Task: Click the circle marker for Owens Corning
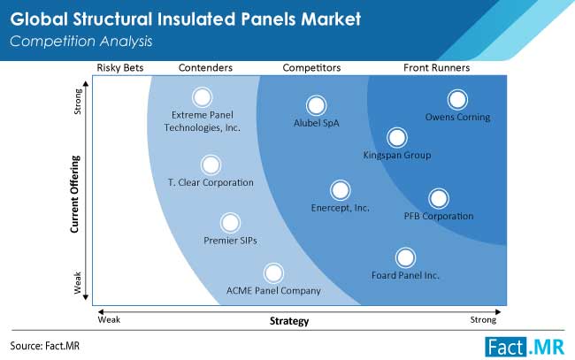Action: point(457,99)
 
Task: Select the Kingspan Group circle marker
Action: point(397,137)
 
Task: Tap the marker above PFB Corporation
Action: point(439,198)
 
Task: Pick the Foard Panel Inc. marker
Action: point(405,257)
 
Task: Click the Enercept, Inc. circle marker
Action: point(340,190)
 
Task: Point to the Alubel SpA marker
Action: point(316,105)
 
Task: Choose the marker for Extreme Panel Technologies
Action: point(202,97)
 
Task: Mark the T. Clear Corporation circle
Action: point(211,165)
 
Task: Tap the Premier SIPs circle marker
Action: point(230,223)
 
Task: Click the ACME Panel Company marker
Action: point(273,273)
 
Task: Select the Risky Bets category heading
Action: point(120,68)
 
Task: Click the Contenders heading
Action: point(205,68)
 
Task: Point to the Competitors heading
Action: point(311,68)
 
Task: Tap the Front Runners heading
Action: point(436,68)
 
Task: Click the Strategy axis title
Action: point(289,321)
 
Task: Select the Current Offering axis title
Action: point(75,194)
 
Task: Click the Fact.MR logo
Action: point(525,347)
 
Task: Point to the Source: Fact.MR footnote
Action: point(45,346)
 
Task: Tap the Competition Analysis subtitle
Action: point(81,42)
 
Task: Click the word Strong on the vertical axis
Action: point(78,102)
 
